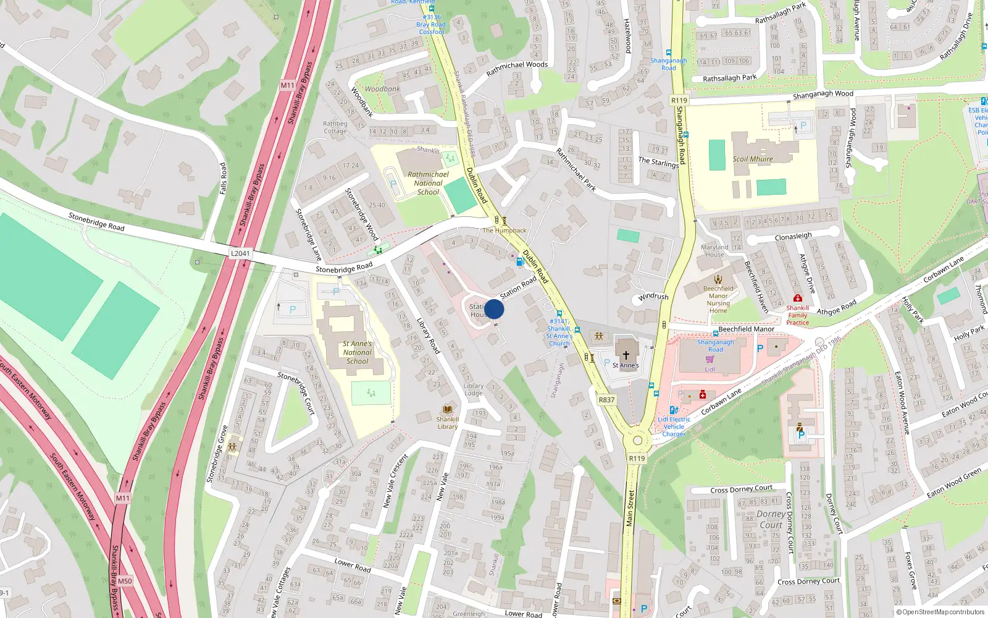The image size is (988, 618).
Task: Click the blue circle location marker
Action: [494, 309]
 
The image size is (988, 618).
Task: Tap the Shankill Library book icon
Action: [448, 409]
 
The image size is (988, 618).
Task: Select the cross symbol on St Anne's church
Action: [626, 355]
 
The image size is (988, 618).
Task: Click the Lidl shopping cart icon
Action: [710, 359]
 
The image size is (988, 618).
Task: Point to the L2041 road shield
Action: [240, 253]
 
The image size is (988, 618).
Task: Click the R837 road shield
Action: [606, 400]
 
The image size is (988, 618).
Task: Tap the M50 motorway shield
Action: [125, 581]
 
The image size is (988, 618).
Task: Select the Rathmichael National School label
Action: [428, 183]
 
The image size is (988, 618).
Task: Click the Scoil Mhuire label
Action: [753, 159]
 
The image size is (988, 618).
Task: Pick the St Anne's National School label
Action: [358, 352]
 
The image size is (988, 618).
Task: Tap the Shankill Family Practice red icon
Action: [797, 298]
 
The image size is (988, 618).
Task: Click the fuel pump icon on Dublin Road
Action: [520, 262]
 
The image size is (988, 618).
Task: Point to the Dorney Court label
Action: [771, 519]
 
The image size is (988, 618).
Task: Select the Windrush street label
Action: [653, 297]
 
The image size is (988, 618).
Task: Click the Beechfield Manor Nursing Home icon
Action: [718, 279]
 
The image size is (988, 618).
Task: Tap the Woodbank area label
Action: [382, 89]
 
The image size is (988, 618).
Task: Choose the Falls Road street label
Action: [224, 179]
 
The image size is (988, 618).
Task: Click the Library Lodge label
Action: [474, 389]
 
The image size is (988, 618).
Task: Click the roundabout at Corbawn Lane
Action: [637, 441]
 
